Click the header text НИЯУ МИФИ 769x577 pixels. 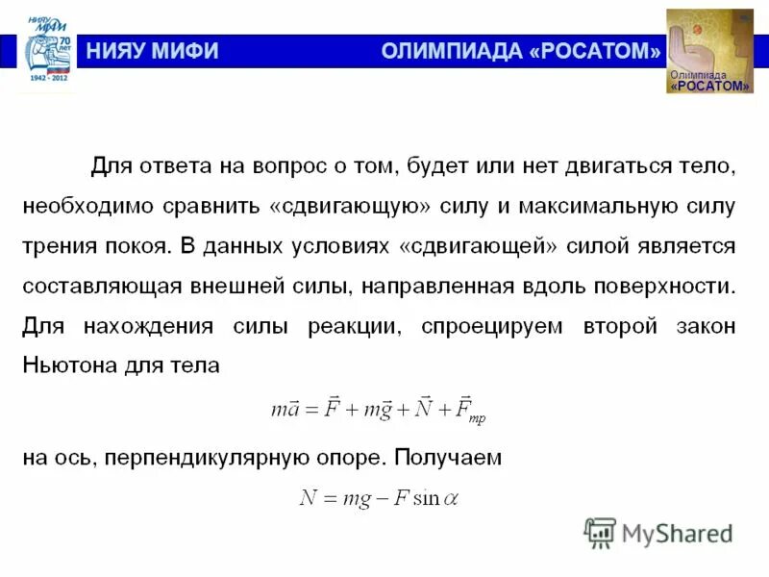coord(154,51)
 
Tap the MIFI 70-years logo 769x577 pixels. coord(48,48)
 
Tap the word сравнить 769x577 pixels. coord(213,206)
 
